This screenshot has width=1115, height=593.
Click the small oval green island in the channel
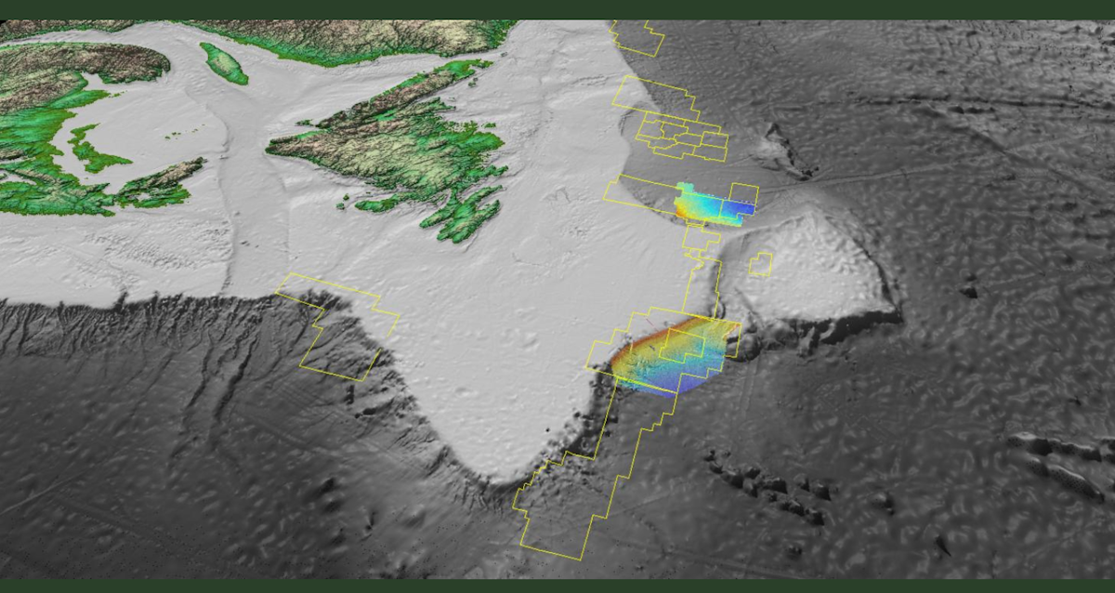pos(224,63)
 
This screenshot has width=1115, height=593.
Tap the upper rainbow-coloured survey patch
pos(712,204)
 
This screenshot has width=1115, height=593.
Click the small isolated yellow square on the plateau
pos(760,264)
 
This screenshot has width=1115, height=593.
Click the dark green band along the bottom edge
pos(557,586)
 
